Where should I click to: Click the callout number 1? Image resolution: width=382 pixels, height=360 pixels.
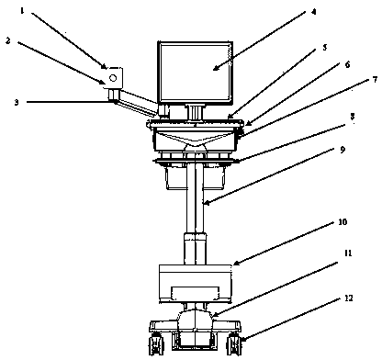click(x=22, y=11)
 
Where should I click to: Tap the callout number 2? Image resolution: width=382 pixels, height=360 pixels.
click(x=8, y=40)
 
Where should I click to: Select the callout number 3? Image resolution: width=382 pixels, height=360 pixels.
click(x=17, y=102)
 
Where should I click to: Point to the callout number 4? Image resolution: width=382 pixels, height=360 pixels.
click(x=313, y=12)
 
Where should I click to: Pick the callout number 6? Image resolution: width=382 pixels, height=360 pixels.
click(x=347, y=65)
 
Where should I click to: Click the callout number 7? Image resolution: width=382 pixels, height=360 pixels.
click(x=375, y=80)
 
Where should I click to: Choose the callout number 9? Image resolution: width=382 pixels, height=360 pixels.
click(x=343, y=150)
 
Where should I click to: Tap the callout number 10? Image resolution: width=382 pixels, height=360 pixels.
click(x=343, y=221)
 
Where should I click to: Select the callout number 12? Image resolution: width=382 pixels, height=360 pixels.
click(x=348, y=298)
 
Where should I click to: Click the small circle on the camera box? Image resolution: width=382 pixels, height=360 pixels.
click(x=113, y=78)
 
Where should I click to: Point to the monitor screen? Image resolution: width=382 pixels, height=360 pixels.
click(x=195, y=72)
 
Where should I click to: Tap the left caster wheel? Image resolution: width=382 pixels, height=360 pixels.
click(x=156, y=343)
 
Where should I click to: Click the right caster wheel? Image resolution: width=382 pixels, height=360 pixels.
click(x=234, y=343)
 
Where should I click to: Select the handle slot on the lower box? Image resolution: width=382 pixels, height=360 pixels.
click(x=196, y=293)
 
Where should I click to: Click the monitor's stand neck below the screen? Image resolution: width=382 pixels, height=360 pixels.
click(x=195, y=112)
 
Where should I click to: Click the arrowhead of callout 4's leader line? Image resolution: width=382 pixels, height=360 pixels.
click(x=215, y=68)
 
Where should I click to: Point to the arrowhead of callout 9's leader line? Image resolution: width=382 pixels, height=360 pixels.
click(x=207, y=203)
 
